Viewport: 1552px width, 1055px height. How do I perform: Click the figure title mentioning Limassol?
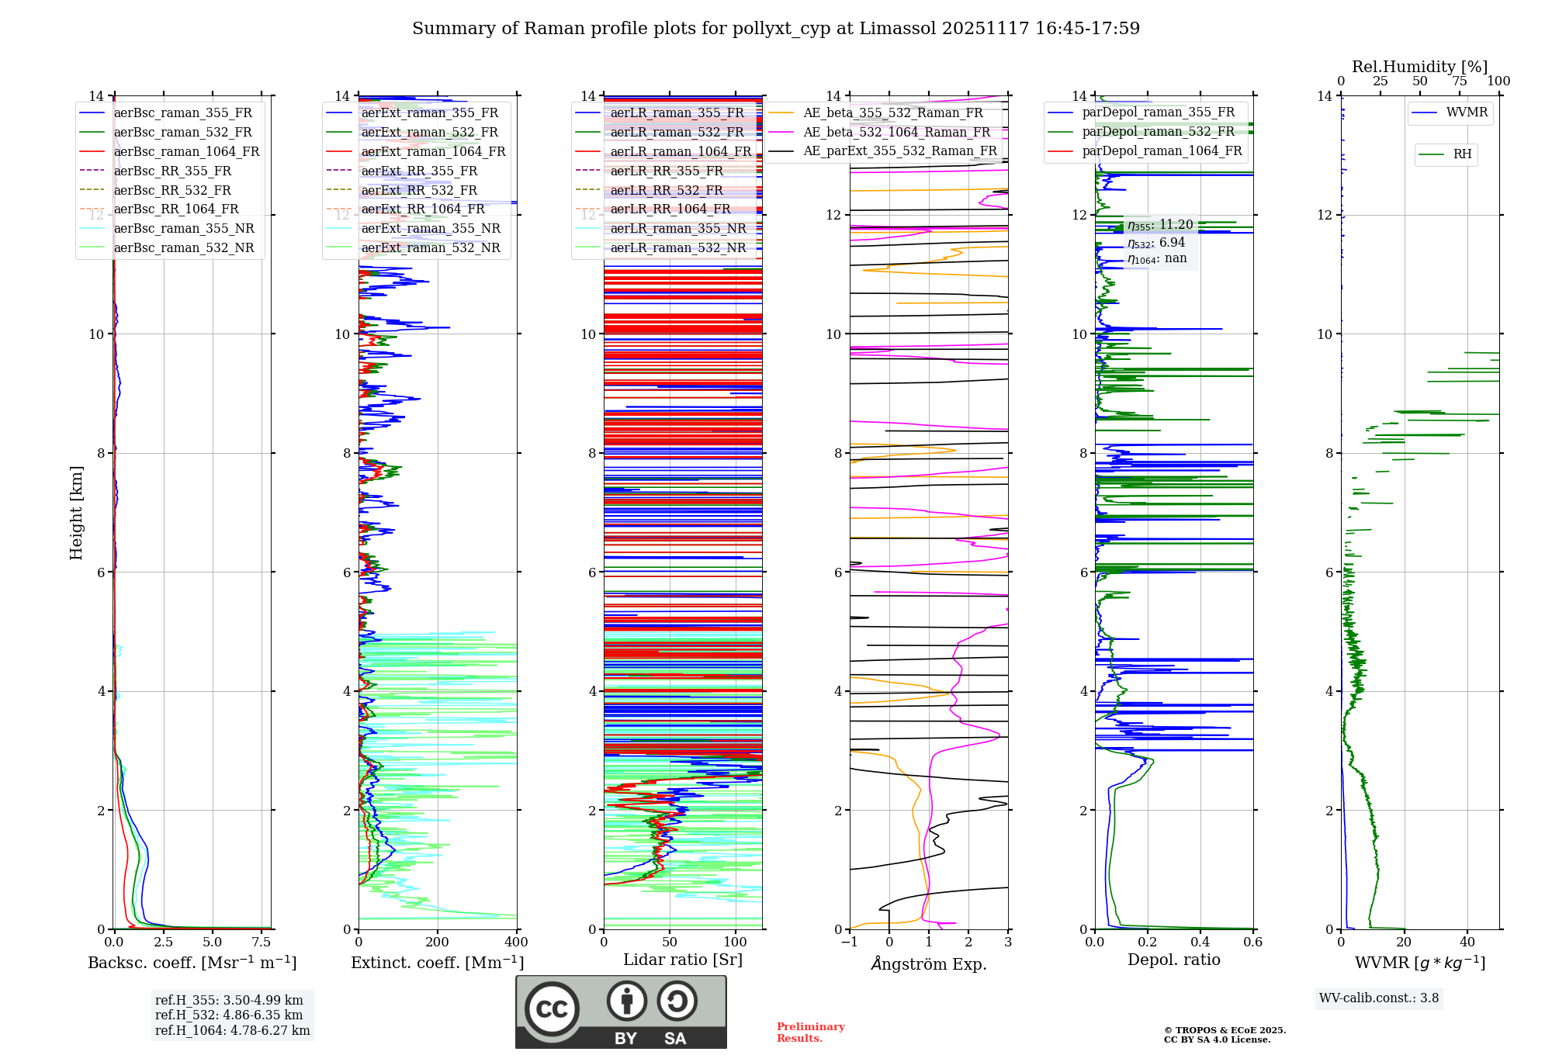click(776, 29)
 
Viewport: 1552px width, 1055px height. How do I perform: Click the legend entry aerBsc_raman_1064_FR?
click(186, 152)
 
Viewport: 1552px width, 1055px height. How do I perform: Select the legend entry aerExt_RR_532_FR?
click(419, 190)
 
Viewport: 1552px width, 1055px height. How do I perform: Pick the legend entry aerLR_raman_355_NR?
click(677, 229)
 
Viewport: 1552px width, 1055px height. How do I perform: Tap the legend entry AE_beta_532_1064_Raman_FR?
click(896, 133)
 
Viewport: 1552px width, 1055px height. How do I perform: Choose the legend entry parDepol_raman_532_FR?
click(1158, 132)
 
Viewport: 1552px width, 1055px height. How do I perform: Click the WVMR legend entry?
click(1467, 112)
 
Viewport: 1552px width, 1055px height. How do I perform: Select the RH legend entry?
click(1462, 154)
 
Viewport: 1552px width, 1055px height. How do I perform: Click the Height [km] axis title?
click(76, 513)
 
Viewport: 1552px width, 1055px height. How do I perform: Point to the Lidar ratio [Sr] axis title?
click(683, 960)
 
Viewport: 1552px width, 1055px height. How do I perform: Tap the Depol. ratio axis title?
click(1173, 960)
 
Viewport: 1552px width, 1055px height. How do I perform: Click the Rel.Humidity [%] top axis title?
click(1419, 67)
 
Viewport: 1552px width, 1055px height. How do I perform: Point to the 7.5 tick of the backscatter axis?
click(262, 943)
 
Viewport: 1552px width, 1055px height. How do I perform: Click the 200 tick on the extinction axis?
click(438, 943)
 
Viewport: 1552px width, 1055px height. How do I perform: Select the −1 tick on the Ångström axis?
click(850, 943)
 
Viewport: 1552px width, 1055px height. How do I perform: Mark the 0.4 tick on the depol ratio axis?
click(1200, 943)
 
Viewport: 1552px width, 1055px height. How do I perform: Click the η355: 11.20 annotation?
click(1160, 225)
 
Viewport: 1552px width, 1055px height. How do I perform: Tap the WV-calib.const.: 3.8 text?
click(1379, 998)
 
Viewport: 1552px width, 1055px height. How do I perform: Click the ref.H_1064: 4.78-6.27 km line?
click(232, 1031)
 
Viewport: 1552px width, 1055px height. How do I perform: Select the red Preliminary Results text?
click(810, 1033)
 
